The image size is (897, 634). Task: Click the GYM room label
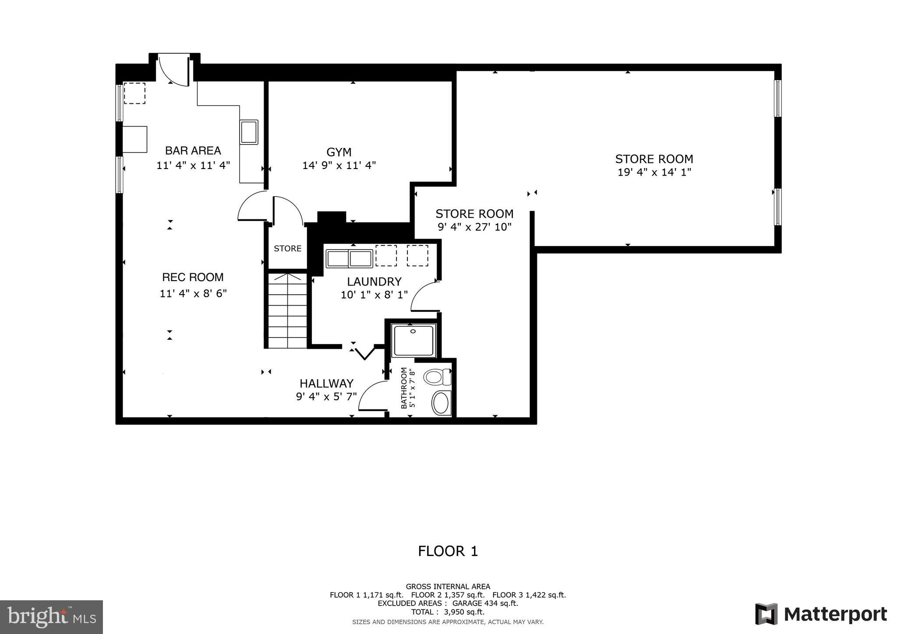pos(339,152)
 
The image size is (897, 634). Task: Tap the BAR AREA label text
pos(193,151)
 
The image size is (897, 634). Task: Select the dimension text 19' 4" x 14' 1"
pos(654,172)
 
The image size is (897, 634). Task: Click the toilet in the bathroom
pos(437,377)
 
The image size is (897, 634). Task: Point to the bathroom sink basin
pos(441,403)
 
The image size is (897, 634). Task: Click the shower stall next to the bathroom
pos(414,340)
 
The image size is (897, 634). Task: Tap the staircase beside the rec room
pos(287,311)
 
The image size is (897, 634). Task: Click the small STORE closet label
pos(287,249)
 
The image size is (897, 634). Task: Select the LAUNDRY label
pos(374,282)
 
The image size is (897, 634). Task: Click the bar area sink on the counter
pos(249,131)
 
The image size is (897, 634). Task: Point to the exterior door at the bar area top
pos(173,70)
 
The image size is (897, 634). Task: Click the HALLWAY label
pos(326,384)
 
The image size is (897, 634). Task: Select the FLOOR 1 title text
pos(448,551)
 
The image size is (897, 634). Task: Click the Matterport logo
pos(821,614)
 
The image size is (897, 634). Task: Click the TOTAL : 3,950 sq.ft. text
pos(448,612)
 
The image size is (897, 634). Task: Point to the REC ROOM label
pos(193,277)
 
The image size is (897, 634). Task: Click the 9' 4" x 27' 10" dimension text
pos(474,227)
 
